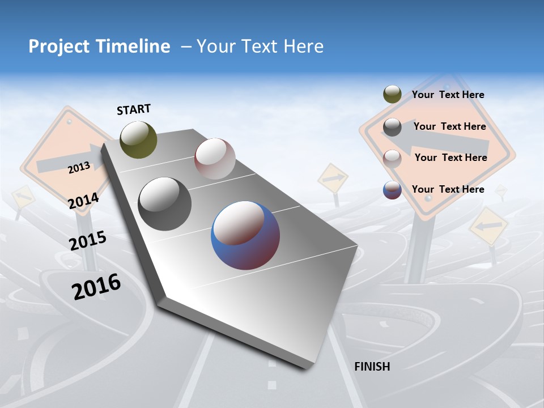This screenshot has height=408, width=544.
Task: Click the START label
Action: pos(134,109)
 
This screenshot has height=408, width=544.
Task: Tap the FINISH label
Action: pos(372,367)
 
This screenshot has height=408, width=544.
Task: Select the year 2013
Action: pos(79,167)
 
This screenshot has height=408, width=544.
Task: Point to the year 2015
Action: pos(87,240)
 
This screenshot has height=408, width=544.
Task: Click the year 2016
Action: pos(96,286)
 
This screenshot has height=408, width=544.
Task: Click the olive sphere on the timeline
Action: pos(138,139)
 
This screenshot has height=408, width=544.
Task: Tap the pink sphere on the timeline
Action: pos(215,159)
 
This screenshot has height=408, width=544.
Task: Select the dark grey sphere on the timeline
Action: pos(165,203)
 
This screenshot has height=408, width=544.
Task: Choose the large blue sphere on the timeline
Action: pos(245,235)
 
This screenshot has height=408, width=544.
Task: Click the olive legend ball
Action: pos(392,95)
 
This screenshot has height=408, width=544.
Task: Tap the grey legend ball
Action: pos(392,127)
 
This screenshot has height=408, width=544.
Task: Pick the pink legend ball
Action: pos(392,158)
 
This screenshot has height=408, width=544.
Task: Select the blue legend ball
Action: pos(392,190)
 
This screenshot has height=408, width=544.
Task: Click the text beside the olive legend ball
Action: pos(448,95)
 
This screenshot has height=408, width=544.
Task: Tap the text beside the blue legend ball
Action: pos(448,189)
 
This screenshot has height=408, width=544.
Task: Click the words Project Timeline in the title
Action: pos(99,46)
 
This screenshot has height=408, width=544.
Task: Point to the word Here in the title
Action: pos(303,46)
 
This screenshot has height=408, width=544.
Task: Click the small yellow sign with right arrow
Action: pos(333,178)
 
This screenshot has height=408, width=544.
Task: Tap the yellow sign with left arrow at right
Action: pos(488,226)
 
